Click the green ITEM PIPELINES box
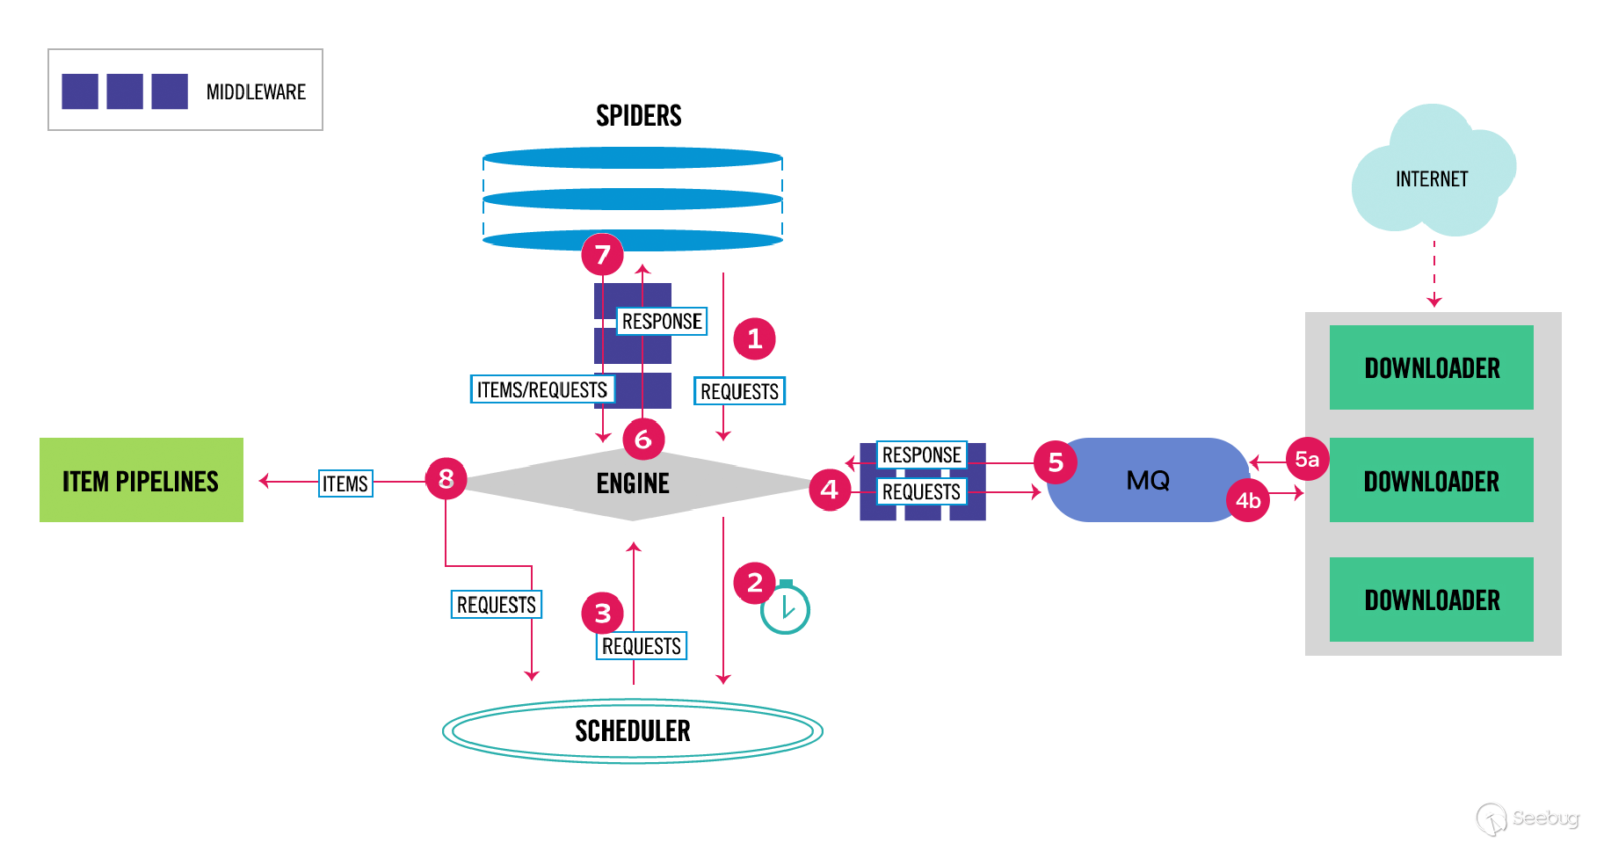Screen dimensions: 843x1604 click(x=141, y=480)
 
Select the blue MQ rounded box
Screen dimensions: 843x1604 click(x=1147, y=480)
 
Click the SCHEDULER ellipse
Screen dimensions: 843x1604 click(x=632, y=730)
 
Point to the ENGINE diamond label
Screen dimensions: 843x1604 click(x=633, y=483)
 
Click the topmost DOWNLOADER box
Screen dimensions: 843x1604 click(x=1431, y=367)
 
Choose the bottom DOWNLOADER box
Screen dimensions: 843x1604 click(x=1431, y=600)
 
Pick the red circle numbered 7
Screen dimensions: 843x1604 click(x=602, y=255)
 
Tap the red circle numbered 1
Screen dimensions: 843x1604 click(x=754, y=338)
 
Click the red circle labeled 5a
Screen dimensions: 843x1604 click(x=1307, y=459)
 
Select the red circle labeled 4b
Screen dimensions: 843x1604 click(x=1248, y=500)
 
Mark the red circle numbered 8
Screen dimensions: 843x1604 click(x=446, y=478)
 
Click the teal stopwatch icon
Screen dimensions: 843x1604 click(x=785, y=608)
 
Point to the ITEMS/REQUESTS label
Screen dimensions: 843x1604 click(x=541, y=389)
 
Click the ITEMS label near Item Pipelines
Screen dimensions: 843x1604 click(x=345, y=483)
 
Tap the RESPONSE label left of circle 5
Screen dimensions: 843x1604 click(x=921, y=454)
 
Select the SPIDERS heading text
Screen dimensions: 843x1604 click(x=638, y=115)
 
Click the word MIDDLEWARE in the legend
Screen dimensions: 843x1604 click(x=256, y=92)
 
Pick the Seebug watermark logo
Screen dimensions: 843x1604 click(x=1528, y=818)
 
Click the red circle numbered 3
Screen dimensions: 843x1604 click(x=602, y=613)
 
